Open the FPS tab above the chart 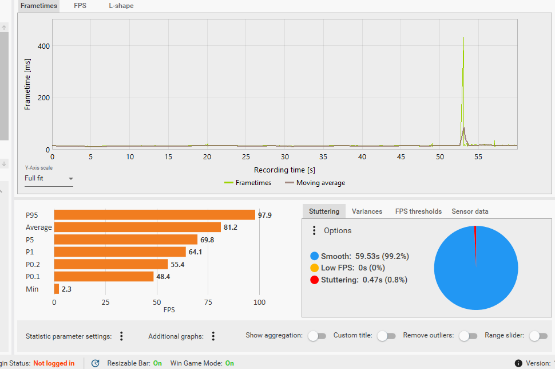coord(80,6)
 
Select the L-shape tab coord(121,6)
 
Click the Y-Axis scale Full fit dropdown coord(49,178)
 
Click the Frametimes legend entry coord(248,183)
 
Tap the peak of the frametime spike coord(463,38)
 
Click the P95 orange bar coord(154,215)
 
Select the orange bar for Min coord(57,289)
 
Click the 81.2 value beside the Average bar coord(231,227)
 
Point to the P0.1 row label coord(33,277)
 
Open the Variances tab coord(367,211)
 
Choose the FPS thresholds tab coord(418,211)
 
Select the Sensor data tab coord(470,211)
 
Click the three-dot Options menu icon coord(314,230)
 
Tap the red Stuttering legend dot coord(314,280)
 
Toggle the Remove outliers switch coord(468,336)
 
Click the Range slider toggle coord(538,336)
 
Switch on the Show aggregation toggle coord(317,336)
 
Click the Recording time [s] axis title coord(284,170)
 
